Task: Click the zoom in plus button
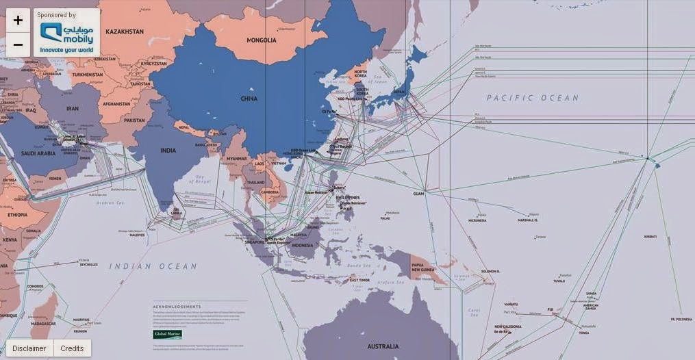pyautogui.click(x=18, y=21)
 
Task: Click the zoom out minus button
pyautogui.click(x=18, y=45)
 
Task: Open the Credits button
pyautogui.click(x=72, y=348)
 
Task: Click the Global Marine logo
pyautogui.click(x=167, y=335)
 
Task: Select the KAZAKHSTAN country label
pyautogui.click(x=123, y=31)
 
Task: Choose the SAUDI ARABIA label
pyautogui.click(x=37, y=153)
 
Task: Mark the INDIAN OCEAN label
pyautogui.click(x=153, y=266)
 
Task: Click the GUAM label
pyautogui.click(x=418, y=194)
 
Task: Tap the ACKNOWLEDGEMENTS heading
pyautogui.click(x=177, y=306)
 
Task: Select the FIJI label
pyautogui.click(x=551, y=309)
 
